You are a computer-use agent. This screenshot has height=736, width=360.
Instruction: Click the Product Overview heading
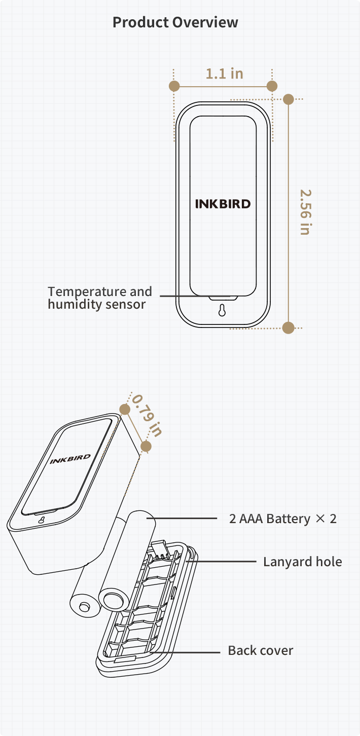175,22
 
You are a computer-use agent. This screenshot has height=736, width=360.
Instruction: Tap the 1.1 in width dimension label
224,73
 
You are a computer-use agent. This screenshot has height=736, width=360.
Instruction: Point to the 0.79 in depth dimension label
147,415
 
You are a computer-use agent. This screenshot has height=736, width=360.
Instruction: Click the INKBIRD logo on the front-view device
223,204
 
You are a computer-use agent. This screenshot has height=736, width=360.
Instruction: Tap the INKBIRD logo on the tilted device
70,459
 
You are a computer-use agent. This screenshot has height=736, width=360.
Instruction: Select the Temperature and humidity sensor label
100,298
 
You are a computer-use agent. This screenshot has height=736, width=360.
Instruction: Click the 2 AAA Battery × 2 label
282,519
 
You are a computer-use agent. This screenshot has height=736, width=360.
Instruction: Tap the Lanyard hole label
302,562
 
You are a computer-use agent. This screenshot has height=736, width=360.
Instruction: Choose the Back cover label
261,650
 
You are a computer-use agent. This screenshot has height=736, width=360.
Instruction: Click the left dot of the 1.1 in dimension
174,86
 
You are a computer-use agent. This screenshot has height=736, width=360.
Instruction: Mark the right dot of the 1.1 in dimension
272,86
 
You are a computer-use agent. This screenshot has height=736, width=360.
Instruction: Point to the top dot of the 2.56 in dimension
289,99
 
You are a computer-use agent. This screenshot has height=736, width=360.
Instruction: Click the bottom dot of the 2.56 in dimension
289,327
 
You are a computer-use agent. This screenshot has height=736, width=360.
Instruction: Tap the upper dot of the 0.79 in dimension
125,409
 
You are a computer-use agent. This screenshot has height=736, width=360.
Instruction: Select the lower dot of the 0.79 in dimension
146,446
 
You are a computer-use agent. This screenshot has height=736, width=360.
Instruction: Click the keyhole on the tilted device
41,520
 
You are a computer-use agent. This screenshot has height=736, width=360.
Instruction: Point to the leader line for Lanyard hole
223,562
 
